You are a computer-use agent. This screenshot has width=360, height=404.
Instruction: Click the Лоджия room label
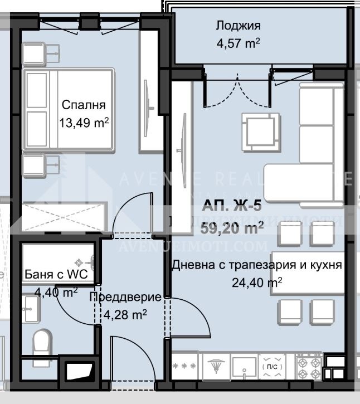pos(238,26)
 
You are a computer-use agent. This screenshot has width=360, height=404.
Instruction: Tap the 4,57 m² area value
pos(238,43)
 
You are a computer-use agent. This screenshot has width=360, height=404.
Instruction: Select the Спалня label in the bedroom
pos(83,105)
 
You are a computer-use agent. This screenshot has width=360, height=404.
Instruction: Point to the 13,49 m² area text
pos(83,121)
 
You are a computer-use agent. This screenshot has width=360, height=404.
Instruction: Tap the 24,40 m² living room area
pos(256,283)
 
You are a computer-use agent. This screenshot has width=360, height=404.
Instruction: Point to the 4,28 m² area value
pos(125,315)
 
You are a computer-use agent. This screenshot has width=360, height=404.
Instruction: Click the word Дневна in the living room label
pos(190,265)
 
